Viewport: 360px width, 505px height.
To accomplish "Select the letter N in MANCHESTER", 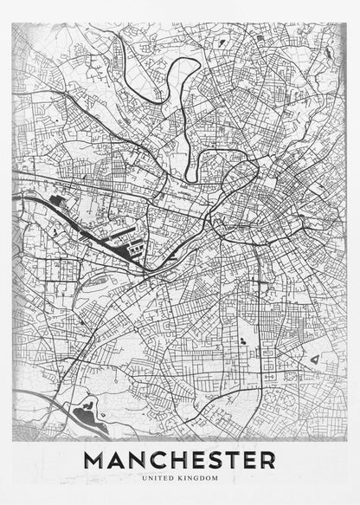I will (x=140, y=459).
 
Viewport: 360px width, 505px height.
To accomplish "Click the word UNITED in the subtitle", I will (x=161, y=477).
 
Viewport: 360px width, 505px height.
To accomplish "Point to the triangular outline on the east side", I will (x=314, y=357).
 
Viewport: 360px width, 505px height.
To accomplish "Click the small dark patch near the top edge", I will (x=223, y=41).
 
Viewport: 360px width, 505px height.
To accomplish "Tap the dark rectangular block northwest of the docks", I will (x=57, y=200).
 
